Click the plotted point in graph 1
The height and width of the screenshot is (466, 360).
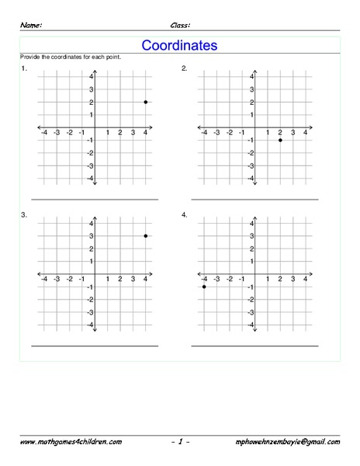coord(146,103)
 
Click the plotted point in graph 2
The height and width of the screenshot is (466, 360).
coord(280,140)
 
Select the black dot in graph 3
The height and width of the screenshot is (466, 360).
coord(146,236)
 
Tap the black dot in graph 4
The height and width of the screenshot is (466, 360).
coord(204,287)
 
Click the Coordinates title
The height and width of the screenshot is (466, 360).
coord(179,46)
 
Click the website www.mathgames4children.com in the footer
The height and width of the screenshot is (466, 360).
coord(71,441)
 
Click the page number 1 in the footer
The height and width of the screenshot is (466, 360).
coord(179,441)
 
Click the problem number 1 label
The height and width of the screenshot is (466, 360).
coord(24,68)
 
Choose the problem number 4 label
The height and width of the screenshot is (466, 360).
coord(184,214)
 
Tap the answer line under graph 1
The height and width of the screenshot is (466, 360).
coord(95,200)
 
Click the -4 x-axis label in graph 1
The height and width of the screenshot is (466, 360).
coord(43,133)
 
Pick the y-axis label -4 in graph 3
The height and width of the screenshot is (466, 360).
coord(89,324)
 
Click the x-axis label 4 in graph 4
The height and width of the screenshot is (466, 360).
coord(306,278)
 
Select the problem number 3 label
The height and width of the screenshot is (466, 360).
coord(24,214)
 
